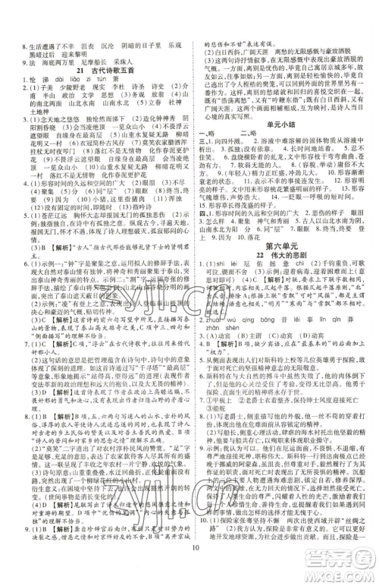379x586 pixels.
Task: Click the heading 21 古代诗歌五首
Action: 102,71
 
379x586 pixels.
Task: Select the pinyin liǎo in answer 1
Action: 79,80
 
